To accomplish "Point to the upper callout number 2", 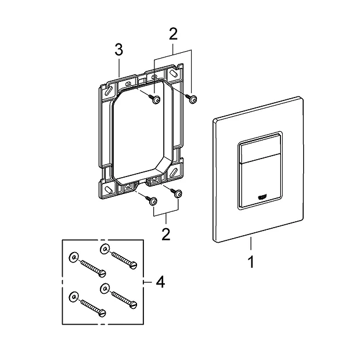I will pos(172,34).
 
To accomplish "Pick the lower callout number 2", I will pos(166,235).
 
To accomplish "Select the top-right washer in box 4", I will pos(105,250).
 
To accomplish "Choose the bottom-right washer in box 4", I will pos(105,289).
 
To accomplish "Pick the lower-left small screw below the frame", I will pos(152,201).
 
